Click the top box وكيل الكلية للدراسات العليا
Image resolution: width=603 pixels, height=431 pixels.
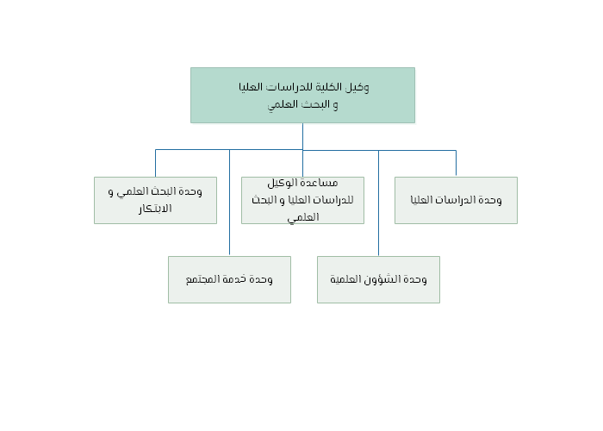[x=302, y=96]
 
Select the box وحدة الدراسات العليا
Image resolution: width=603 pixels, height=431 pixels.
[x=456, y=200]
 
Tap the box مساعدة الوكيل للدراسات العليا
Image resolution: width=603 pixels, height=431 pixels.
[x=302, y=200]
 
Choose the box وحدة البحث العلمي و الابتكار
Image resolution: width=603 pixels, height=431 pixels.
[x=155, y=200]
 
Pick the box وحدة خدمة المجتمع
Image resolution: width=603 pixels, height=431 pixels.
[x=230, y=280]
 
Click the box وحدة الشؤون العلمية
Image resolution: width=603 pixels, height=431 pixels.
[x=378, y=280]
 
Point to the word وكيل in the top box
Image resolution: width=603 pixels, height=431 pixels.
[x=357, y=87]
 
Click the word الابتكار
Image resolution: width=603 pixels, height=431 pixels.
[x=155, y=209]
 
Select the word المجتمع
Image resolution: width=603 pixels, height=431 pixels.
[x=202, y=279]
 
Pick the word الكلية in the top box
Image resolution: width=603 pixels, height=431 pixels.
[x=329, y=87]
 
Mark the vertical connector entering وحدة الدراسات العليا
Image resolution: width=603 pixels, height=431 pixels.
[x=456, y=164]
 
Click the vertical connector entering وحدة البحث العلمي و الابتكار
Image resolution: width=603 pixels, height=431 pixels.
[x=155, y=163]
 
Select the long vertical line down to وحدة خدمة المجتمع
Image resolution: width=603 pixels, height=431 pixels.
[x=230, y=203]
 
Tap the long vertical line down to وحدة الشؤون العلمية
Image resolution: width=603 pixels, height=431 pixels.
[x=378, y=203]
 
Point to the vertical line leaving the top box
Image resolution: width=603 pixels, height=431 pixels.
[x=302, y=136]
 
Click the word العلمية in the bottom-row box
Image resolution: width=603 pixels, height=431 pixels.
[x=345, y=279]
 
